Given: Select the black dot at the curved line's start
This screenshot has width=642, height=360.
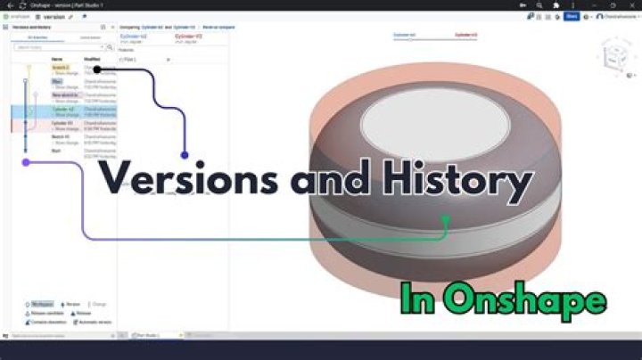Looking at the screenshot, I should [96, 69].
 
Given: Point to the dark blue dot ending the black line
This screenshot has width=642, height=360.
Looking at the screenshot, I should [185, 155].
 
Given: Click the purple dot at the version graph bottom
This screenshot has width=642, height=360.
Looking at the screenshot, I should [26, 162].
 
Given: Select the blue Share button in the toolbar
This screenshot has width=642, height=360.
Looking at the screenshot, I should [571, 16].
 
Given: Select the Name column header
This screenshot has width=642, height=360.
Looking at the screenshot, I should [57, 59].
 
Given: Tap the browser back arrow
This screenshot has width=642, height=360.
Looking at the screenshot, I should [8, 5].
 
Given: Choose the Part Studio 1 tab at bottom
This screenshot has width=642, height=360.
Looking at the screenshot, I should [147, 335].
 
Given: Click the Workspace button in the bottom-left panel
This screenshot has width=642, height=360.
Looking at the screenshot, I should [41, 304].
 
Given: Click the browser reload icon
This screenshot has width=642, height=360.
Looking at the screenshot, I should [21, 5].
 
